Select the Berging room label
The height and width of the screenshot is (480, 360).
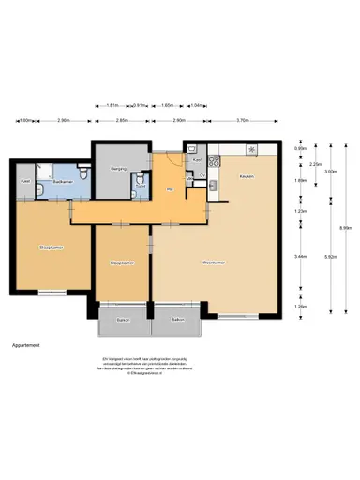118,169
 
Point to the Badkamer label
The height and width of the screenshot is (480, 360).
64,180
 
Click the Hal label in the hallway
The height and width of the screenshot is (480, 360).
170,190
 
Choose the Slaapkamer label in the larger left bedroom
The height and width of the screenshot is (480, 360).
51,247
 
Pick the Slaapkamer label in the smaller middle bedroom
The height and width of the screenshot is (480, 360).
123,262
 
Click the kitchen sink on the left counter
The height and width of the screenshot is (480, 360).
214,185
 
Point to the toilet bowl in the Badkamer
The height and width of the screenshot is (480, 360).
84,172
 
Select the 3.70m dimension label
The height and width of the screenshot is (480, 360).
243,120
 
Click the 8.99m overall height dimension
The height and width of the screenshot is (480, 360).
346,227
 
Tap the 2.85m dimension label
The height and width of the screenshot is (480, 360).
122,120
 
